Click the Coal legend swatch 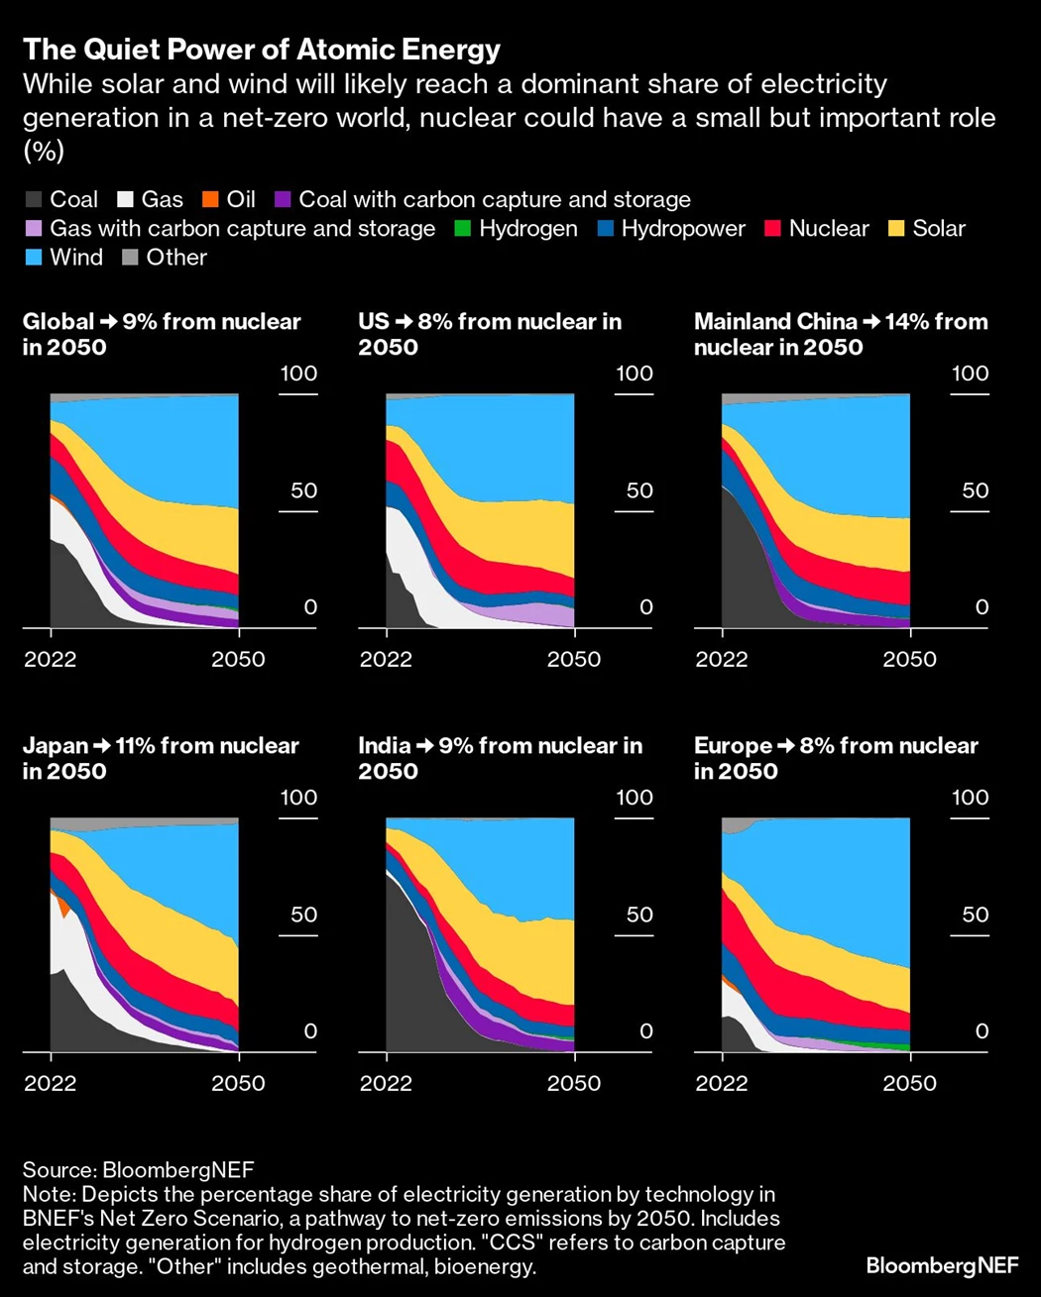tap(33, 200)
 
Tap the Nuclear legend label tap(829, 229)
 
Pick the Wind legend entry tap(75, 258)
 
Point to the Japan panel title tap(161, 758)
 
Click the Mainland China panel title tap(841, 334)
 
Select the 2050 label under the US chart tap(574, 659)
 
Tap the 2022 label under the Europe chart tap(722, 1083)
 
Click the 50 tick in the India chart tap(639, 914)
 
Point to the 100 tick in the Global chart tap(298, 374)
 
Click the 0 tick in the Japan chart tap(310, 1031)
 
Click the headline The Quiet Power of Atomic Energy tap(262, 50)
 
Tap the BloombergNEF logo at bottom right tap(942, 1265)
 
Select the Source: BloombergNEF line tap(138, 1171)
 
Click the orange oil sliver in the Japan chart tap(64, 906)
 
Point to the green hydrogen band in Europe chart tap(892, 1045)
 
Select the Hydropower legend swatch tap(606, 229)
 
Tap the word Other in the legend tap(176, 258)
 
